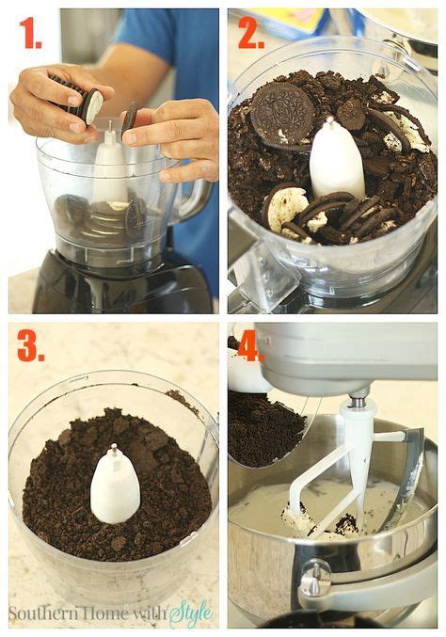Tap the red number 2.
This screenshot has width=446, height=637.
point(250,33)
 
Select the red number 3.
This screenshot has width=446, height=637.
point(30,345)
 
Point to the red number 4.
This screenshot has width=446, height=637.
point(250,345)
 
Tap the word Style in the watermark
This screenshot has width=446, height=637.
point(191,613)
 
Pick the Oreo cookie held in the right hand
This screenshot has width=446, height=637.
point(130,117)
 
